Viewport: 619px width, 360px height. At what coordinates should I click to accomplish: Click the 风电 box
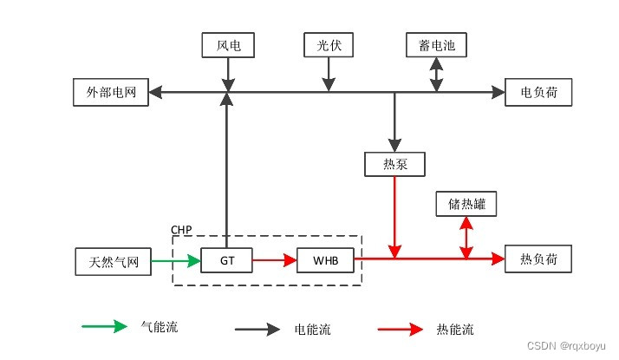[228, 45]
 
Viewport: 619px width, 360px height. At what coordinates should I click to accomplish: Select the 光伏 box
[329, 45]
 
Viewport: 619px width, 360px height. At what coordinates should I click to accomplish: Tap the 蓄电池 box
[436, 45]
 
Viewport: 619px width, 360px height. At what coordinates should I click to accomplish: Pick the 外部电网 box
[111, 92]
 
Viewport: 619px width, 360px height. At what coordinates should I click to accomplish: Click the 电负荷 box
[538, 92]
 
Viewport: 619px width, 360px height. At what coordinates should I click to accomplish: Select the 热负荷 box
[538, 259]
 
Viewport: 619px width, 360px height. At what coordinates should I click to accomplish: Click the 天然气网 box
[114, 259]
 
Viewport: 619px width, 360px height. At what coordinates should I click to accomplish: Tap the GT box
[228, 259]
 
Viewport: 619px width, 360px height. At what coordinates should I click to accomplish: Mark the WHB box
[325, 259]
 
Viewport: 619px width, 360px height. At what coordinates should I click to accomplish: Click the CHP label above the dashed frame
[181, 229]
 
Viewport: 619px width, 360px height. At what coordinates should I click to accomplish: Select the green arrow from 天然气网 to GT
[176, 259]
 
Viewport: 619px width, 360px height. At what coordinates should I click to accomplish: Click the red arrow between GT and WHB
[277, 259]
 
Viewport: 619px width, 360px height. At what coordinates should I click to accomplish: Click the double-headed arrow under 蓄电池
[436, 75]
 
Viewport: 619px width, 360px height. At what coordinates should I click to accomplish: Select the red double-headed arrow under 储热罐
[466, 236]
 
